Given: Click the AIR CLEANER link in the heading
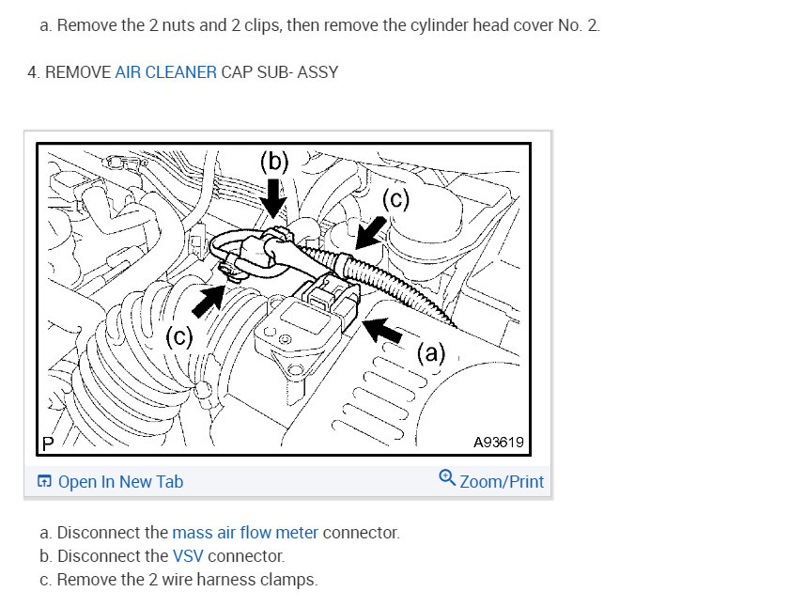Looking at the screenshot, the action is pos(165,72).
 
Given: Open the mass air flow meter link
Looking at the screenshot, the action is pos(245,533).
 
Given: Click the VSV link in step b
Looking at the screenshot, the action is pos(187,555).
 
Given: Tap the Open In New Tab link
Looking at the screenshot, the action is pos(120,482).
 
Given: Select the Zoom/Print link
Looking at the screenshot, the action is pos(501,482).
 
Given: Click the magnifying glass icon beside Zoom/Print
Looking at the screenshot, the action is pos(447,477).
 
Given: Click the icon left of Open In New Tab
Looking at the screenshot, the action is pos(44,481).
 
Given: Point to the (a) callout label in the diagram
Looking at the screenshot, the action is pos(431,353).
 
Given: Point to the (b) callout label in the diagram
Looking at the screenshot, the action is pos(274,162).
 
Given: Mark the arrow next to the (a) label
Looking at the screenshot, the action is pos(382,330).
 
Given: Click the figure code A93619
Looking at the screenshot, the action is pos(498,443).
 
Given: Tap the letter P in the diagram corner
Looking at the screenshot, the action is pos(48,444).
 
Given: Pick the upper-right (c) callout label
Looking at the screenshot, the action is pos(395,199).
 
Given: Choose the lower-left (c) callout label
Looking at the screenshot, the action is pos(179,337).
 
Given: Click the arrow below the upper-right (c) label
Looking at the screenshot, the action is pos(371,233).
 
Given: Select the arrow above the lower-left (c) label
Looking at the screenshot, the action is pos(208,301).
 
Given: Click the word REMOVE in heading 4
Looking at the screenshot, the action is pos(78,72).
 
